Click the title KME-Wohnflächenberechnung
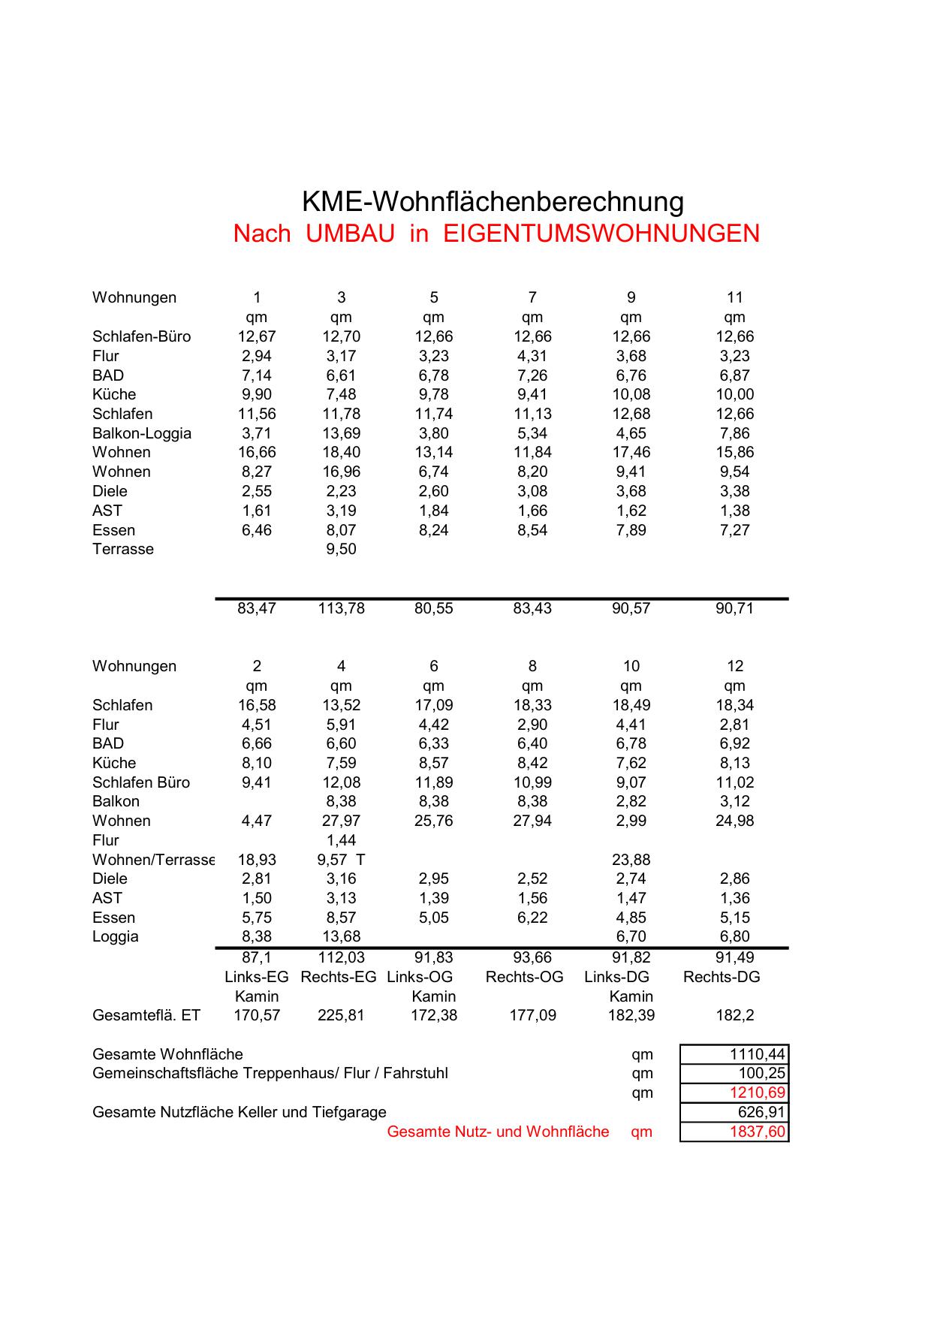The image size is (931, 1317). pyautogui.click(x=493, y=202)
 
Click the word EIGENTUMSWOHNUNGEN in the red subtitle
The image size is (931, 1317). pyautogui.click(x=601, y=234)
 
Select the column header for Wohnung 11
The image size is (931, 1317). pyautogui.click(x=734, y=297)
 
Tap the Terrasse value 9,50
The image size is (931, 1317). pyautogui.click(x=341, y=549)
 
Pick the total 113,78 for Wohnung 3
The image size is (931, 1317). pyautogui.click(x=341, y=608)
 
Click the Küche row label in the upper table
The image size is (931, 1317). pyautogui.click(x=114, y=394)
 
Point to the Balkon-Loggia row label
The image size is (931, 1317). pyautogui.click(x=142, y=433)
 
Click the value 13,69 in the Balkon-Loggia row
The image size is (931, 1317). pyautogui.click(x=341, y=433)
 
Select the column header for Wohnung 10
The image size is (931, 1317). pyautogui.click(x=631, y=666)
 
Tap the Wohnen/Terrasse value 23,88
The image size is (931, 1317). pyautogui.click(x=631, y=860)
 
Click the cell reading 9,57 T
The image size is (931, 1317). pyautogui.click(x=341, y=860)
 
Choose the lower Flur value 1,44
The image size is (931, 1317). pyautogui.click(x=341, y=840)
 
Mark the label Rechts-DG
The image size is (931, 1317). pyautogui.click(x=722, y=977)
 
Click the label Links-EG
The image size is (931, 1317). pyautogui.click(x=257, y=977)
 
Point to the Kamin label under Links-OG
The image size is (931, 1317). pyautogui.click(x=433, y=996)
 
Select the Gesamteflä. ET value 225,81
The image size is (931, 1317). pyautogui.click(x=341, y=1015)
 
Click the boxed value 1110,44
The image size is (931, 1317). pyautogui.click(x=757, y=1054)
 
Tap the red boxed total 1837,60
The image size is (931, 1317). pyautogui.click(x=757, y=1132)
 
